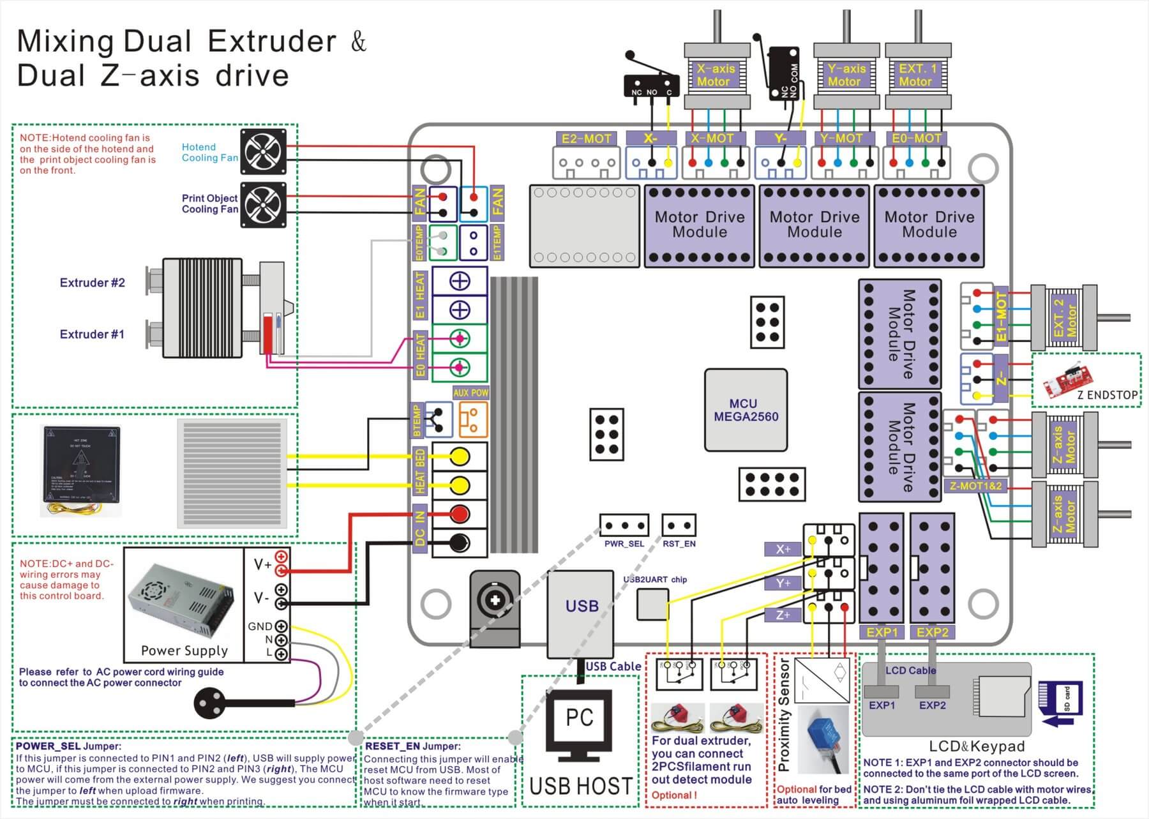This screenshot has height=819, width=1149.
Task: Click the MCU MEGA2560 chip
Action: click(x=746, y=410)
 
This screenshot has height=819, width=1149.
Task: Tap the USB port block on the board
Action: click(x=581, y=606)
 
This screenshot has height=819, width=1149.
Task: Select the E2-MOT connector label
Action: click(x=586, y=139)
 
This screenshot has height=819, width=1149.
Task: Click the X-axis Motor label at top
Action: click(x=715, y=75)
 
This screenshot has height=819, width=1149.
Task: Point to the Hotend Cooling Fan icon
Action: click(x=263, y=151)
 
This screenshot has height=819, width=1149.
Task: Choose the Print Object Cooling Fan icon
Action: click(x=263, y=204)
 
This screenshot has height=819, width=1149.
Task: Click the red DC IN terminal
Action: click(x=460, y=514)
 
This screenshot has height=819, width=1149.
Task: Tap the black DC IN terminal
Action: click(x=460, y=543)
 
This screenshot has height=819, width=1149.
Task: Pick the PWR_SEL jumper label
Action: click(x=624, y=544)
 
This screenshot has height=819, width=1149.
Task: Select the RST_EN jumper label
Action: click(x=679, y=544)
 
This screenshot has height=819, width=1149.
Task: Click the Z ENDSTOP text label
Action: click(x=1107, y=395)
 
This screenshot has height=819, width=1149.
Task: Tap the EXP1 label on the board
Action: click(x=882, y=632)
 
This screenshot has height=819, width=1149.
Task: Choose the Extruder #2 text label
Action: click(x=92, y=283)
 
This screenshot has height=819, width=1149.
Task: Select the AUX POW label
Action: click(x=470, y=393)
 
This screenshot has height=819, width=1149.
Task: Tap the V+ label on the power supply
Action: click(x=262, y=564)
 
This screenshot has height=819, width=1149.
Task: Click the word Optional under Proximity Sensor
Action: click(x=796, y=789)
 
